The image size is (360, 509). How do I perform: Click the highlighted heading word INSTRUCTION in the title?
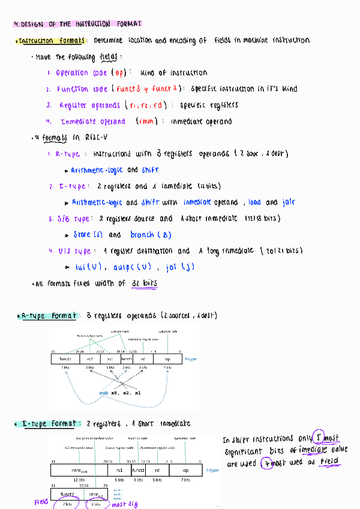[93, 25]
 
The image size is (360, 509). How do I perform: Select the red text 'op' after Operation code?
[119, 73]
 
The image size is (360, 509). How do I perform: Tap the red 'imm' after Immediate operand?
[146, 121]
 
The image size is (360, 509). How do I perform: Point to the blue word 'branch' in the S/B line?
[142, 235]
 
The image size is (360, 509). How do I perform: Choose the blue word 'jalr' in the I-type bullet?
[288, 202]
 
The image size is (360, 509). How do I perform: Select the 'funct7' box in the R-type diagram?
[65, 358]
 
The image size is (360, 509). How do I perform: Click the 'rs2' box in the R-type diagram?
[90, 358]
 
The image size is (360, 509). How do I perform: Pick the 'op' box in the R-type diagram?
[167, 358]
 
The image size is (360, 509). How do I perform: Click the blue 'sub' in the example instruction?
[104, 393]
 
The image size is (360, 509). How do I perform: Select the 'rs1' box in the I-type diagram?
[119, 471]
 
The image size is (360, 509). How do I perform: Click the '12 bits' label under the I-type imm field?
[79, 480]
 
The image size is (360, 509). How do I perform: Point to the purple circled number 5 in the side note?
[320, 439]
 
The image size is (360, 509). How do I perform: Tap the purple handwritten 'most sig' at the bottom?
[125, 504]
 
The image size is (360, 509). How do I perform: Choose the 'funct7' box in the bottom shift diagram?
[67, 495]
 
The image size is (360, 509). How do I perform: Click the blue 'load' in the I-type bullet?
[254, 202]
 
